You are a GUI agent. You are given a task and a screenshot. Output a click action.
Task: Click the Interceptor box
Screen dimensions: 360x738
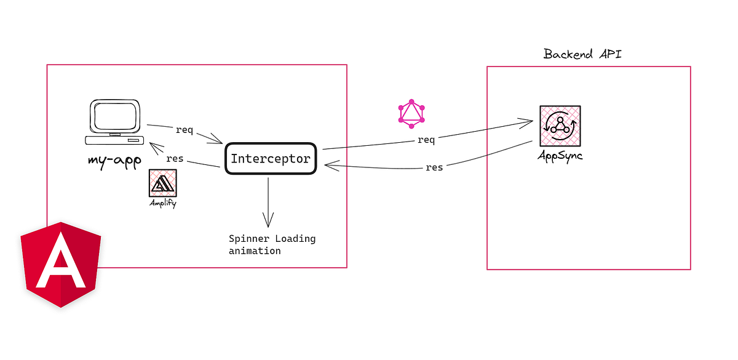coord(271,159)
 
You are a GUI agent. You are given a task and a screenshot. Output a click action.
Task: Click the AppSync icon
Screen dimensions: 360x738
coord(560,126)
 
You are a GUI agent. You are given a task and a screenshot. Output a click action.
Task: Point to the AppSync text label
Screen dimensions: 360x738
coord(559,155)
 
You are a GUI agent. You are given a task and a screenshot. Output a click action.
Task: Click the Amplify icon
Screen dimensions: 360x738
coord(162,183)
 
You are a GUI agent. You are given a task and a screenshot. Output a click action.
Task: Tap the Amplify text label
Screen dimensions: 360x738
coord(162,202)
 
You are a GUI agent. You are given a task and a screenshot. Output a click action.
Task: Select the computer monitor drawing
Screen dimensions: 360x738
coord(116,119)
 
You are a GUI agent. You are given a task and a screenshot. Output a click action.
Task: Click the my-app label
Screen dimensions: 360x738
coord(114,162)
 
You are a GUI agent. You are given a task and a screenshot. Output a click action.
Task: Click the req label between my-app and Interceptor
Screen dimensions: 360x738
coord(184,130)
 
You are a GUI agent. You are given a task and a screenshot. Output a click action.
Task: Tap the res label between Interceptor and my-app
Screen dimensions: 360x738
coord(175,158)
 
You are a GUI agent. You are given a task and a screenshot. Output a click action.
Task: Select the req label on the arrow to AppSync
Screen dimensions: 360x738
coord(426,140)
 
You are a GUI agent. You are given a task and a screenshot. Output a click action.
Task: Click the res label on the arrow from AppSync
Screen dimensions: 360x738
coord(434,167)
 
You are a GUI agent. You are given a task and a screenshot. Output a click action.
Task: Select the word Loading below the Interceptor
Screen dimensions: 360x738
coord(295,239)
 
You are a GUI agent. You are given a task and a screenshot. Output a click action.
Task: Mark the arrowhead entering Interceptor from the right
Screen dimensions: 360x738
coord(330,165)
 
